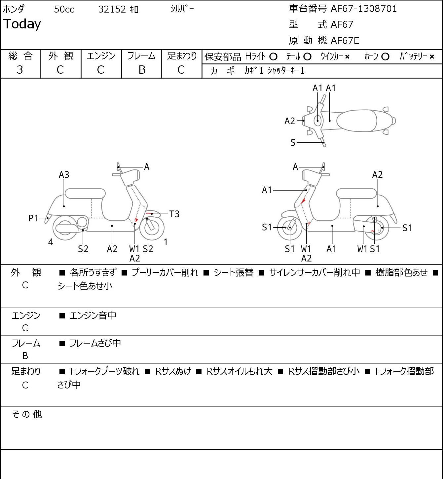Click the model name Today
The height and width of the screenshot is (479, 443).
[22, 24]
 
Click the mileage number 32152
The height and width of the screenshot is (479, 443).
[112, 9]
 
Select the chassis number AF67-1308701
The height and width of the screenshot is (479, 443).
[364, 9]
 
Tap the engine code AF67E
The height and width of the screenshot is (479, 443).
[345, 41]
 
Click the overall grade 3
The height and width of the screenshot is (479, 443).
[20, 70]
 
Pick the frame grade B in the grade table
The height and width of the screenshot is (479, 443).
[142, 70]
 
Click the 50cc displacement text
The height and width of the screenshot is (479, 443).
[64, 9]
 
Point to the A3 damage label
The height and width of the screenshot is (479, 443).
[64, 174]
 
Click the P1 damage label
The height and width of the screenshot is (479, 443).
[33, 218]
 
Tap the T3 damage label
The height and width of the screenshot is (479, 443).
[174, 214]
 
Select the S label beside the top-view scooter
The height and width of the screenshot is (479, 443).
[293, 142]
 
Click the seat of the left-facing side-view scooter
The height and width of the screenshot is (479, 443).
[85, 194]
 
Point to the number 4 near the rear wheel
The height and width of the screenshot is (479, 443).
[51, 242]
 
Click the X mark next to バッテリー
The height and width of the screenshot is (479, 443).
[432, 57]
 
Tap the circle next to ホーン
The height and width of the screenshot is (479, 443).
[385, 57]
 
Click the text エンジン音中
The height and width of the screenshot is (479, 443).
[93, 315]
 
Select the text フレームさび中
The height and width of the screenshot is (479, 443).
[95, 343]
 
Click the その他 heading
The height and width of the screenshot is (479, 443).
[27, 414]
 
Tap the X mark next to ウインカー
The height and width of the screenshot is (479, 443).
[347, 57]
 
